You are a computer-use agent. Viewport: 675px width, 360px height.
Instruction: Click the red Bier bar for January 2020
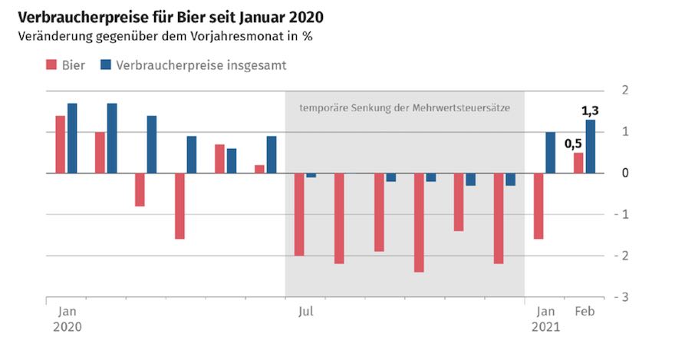(x=60, y=144)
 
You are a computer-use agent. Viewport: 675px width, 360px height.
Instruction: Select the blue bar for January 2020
(x=72, y=138)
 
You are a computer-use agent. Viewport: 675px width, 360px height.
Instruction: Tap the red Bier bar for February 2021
(x=578, y=163)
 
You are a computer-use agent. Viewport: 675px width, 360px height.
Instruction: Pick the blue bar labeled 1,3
(x=591, y=147)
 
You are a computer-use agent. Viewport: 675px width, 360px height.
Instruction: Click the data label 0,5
(x=573, y=143)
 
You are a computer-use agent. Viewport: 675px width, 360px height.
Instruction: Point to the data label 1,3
(x=589, y=111)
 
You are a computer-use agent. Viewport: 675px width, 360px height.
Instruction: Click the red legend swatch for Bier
(x=53, y=65)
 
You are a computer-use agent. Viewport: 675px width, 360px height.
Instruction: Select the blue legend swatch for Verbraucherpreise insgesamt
(x=105, y=65)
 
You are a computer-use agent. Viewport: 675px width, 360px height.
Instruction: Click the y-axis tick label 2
(x=626, y=91)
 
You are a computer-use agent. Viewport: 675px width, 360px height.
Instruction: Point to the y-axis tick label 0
(x=626, y=173)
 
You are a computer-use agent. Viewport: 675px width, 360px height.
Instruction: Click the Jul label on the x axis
(x=305, y=312)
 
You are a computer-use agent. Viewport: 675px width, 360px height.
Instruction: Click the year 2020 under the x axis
(x=67, y=326)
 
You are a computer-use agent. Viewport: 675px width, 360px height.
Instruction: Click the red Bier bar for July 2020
(x=299, y=214)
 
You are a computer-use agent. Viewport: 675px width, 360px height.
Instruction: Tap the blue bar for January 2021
(x=551, y=153)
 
